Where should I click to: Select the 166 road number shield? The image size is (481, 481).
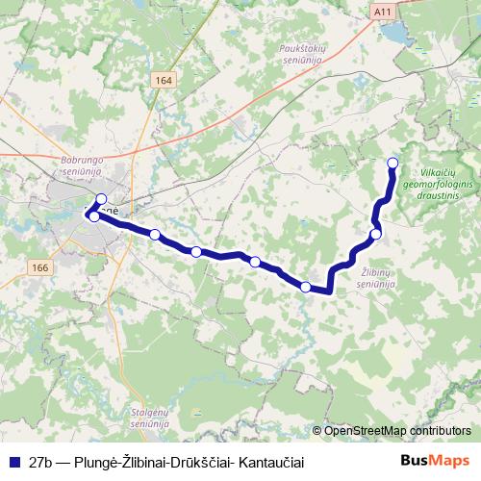click(39, 266)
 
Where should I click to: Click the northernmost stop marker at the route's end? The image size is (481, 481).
click(392, 163)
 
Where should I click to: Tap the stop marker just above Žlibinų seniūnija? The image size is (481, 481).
click(376, 234)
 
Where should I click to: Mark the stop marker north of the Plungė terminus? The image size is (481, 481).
click(101, 199)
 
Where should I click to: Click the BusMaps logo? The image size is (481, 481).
click(436, 462)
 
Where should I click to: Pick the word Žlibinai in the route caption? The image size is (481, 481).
click(144, 462)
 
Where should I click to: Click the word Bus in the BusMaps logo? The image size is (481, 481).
click(415, 462)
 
